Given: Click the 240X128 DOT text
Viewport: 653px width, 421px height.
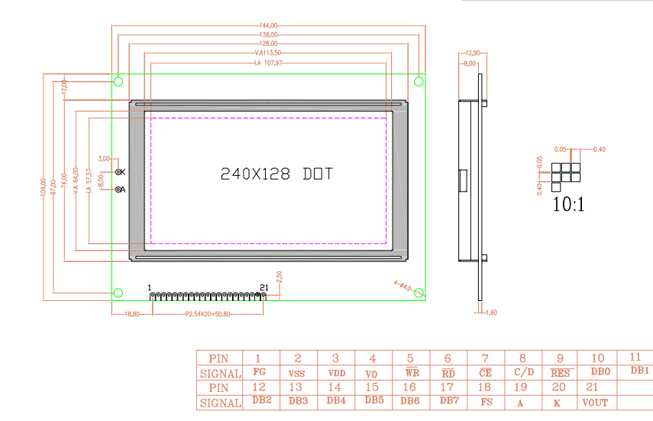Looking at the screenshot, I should (x=276, y=174).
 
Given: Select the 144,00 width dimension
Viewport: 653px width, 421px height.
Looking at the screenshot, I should (x=268, y=26).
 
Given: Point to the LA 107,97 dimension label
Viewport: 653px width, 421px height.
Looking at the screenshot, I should (x=268, y=63).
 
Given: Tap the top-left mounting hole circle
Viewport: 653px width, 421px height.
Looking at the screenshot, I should (x=119, y=81).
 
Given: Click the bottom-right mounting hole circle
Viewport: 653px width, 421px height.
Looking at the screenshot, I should (x=419, y=292).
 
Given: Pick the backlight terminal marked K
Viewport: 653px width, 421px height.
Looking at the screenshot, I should (x=119, y=172).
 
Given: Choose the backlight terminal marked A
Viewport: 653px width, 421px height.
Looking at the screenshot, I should (x=119, y=190).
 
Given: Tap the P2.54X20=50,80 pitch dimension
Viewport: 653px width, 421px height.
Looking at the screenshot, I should (x=207, y=314).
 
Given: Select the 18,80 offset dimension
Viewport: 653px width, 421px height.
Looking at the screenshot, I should (x=131, y=314).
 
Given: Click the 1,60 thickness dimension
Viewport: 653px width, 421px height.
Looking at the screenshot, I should (x=491, y=313).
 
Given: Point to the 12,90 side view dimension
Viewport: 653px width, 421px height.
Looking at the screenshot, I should (x=471, y=53).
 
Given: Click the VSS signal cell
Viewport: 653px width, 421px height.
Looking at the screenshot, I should (x=298, y=373).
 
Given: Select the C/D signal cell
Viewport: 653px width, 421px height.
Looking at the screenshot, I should (x=523, y=373).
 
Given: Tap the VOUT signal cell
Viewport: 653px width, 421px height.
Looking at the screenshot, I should (x=596, y=402).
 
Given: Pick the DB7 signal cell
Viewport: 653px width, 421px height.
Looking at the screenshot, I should (x=448, y=400).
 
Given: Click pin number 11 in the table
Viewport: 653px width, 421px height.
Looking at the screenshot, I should (x=635, y=357).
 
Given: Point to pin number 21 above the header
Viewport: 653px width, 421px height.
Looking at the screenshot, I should (x=264, y=287).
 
